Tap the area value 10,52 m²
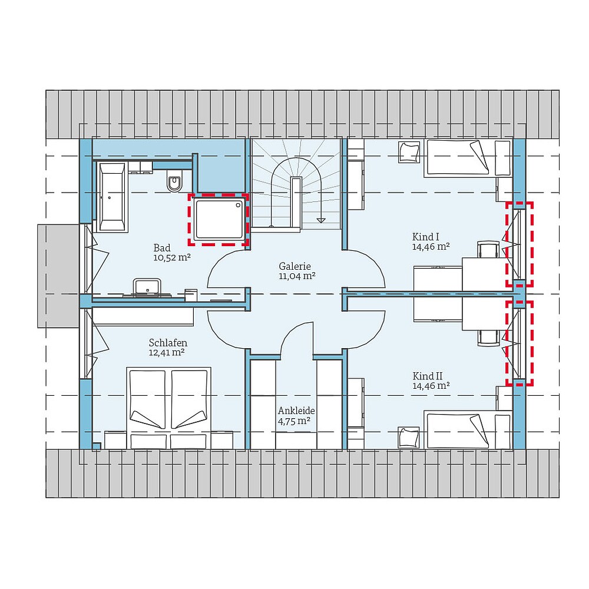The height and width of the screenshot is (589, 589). point(171,257)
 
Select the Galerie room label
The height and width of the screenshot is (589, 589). point(294,266)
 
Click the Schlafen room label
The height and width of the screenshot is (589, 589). point(168,342)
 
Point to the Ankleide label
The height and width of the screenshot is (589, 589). point(296,411)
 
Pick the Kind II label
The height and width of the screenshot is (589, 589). point(428,376)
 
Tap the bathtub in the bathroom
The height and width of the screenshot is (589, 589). point(112,197)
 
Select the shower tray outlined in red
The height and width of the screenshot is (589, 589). point(218,220)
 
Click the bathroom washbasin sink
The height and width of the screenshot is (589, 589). point(147,287)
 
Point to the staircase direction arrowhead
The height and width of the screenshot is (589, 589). point(321,220)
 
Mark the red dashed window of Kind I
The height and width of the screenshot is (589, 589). point(519,244)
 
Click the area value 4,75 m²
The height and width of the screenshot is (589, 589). point(294,421)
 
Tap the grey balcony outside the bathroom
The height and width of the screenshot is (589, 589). point(58,275)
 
